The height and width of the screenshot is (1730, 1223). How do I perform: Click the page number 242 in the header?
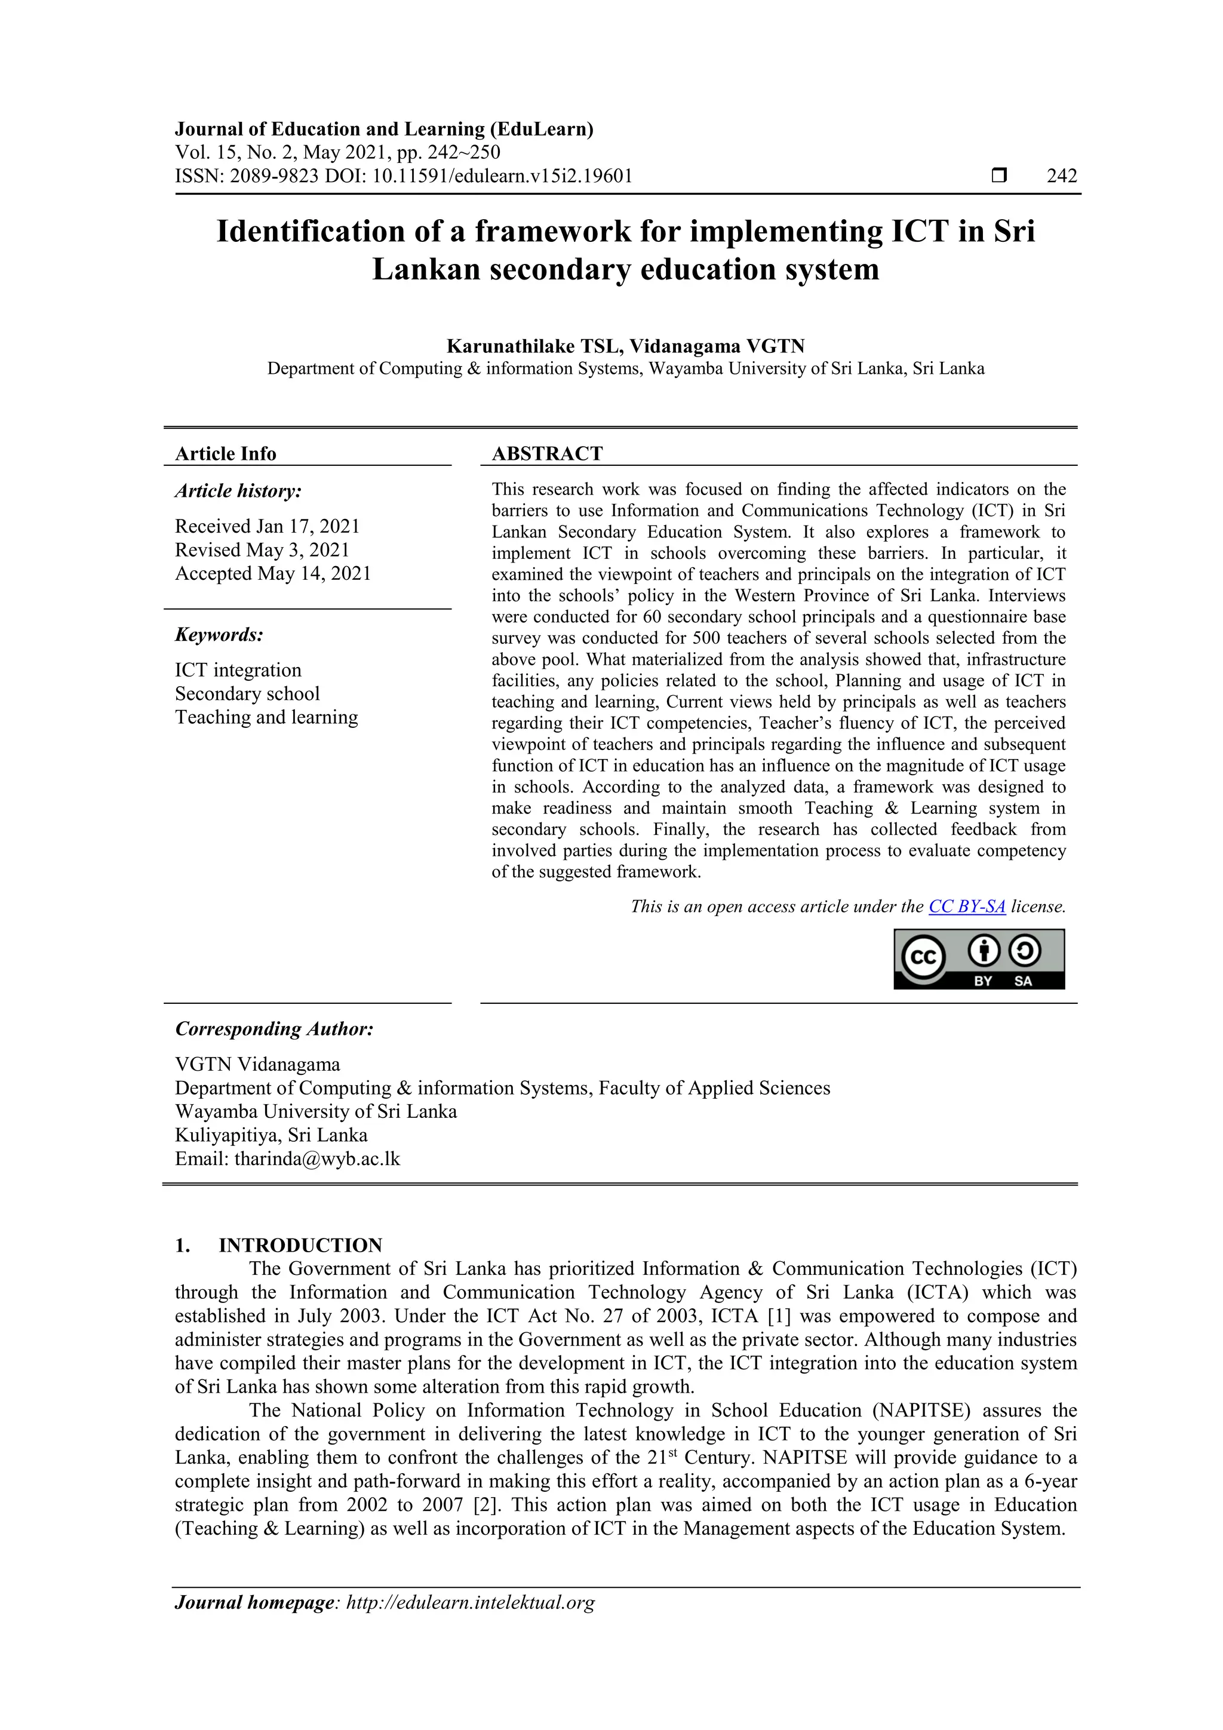coord(1061,176)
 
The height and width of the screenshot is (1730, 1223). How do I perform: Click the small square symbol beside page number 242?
coord(998,176)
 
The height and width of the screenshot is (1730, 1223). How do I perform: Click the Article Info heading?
coord(225,454)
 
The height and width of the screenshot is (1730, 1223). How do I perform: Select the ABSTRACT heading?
coord(547,454)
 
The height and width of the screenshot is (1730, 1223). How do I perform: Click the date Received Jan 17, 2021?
coord(268,526)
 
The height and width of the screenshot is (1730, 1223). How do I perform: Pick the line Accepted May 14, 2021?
coord(273,573)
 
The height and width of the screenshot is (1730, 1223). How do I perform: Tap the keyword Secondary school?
coord(247,693)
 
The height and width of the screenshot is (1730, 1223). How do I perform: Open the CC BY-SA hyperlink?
coord(967,907)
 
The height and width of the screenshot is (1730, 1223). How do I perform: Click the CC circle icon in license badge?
coord(923,957)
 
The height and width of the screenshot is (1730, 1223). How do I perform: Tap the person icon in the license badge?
coord(984,951)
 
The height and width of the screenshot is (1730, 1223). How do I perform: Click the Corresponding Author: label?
coord(274,1030)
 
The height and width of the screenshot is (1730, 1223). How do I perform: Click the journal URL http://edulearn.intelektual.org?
coord(470,1603)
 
